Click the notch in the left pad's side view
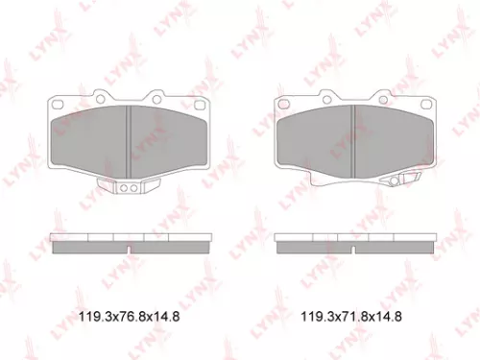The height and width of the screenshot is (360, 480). (x=129, y=249)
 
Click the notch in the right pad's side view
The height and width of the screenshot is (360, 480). (x=354, y=249)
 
